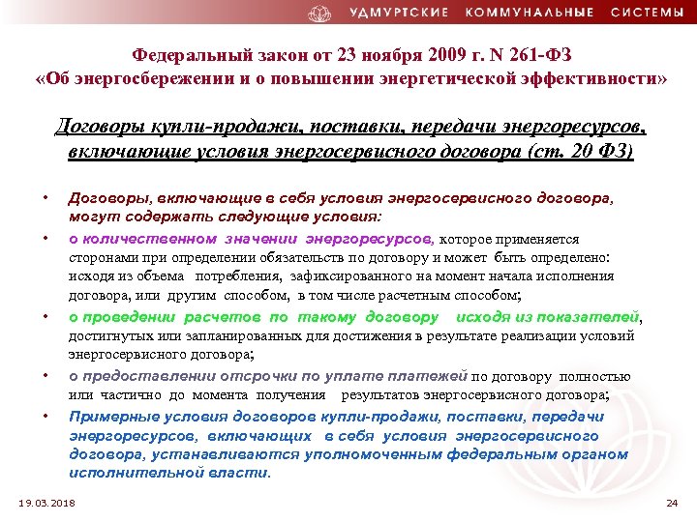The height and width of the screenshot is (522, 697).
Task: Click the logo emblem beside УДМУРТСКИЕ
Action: (x=319, y=14)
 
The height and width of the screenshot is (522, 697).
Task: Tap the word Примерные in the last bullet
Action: (x=106, y=417)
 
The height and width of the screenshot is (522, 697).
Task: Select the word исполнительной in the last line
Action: (x=127, y=474)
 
